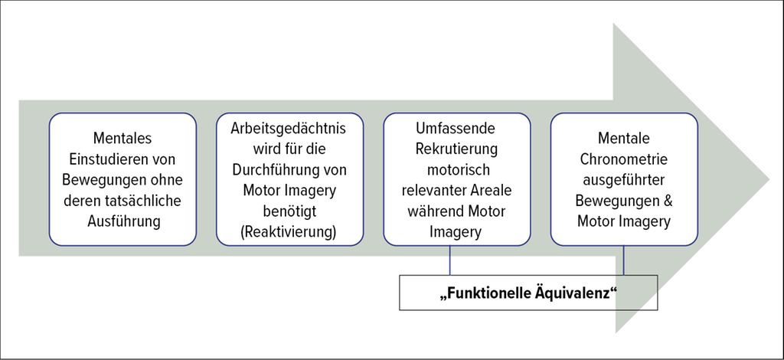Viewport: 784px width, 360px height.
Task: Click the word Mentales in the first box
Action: tap(122, 137)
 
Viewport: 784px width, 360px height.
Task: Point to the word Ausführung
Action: tap(123, 221)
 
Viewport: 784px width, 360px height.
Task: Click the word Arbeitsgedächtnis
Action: tap(289, 127)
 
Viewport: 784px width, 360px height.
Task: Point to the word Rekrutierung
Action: tap(456, 149)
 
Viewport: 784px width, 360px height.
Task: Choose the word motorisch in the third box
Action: tap(456, 169)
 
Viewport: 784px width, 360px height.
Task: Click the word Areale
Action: tap(491, 190)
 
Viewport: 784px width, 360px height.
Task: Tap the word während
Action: tap(433, 211)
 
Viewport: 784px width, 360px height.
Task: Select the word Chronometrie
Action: tap(623, 159)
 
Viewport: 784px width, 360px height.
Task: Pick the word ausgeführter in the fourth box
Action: tap(623, 179)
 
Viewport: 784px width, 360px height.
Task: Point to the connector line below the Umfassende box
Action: tap(449, 260)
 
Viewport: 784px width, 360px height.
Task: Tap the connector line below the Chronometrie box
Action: tap(623, 260)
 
